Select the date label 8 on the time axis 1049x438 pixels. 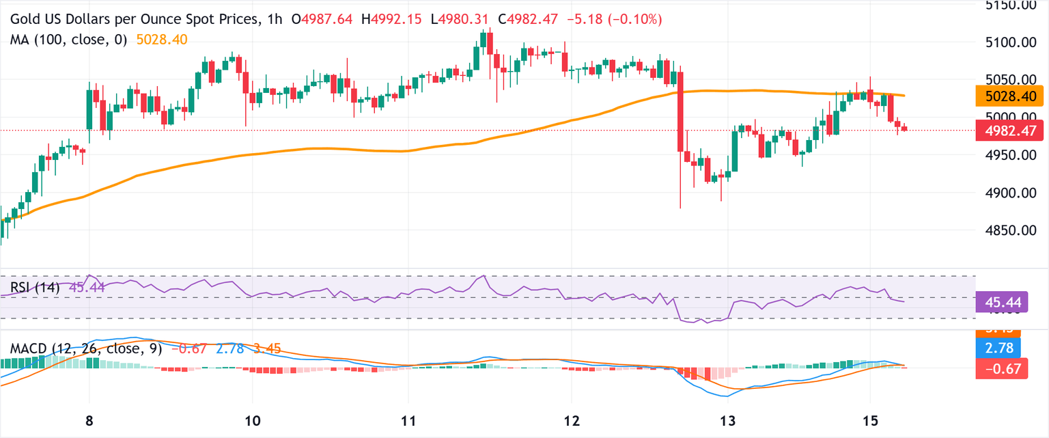click(89, 419)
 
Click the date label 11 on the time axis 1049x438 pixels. click(408, 419)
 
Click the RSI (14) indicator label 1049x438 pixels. click(34, 288)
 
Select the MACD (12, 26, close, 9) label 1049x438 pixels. click(86, 349)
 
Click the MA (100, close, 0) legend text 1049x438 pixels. click(68, 40)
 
